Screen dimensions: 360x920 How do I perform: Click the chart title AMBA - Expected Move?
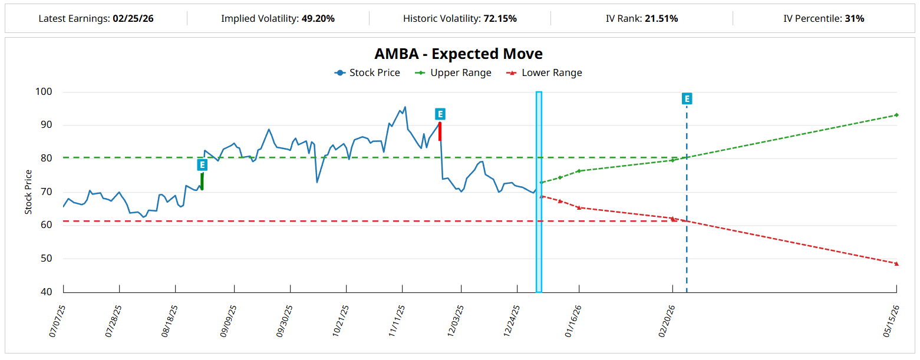point(459,54)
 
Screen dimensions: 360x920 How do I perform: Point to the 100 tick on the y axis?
point(45,92)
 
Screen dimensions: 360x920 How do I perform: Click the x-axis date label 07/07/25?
point(56,321)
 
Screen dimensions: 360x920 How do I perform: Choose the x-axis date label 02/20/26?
point(665,321)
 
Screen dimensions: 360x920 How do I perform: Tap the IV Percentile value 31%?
point(854,19)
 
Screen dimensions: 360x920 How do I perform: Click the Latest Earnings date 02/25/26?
point(133,19)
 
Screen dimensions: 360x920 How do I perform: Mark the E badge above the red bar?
point(440,114)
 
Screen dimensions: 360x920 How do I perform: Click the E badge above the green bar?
point(202,165)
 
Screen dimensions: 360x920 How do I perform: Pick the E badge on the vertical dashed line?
point(687,98)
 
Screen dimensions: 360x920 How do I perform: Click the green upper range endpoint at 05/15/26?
point(896,115)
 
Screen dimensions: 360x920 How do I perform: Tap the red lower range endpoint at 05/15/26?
point(896,263)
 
